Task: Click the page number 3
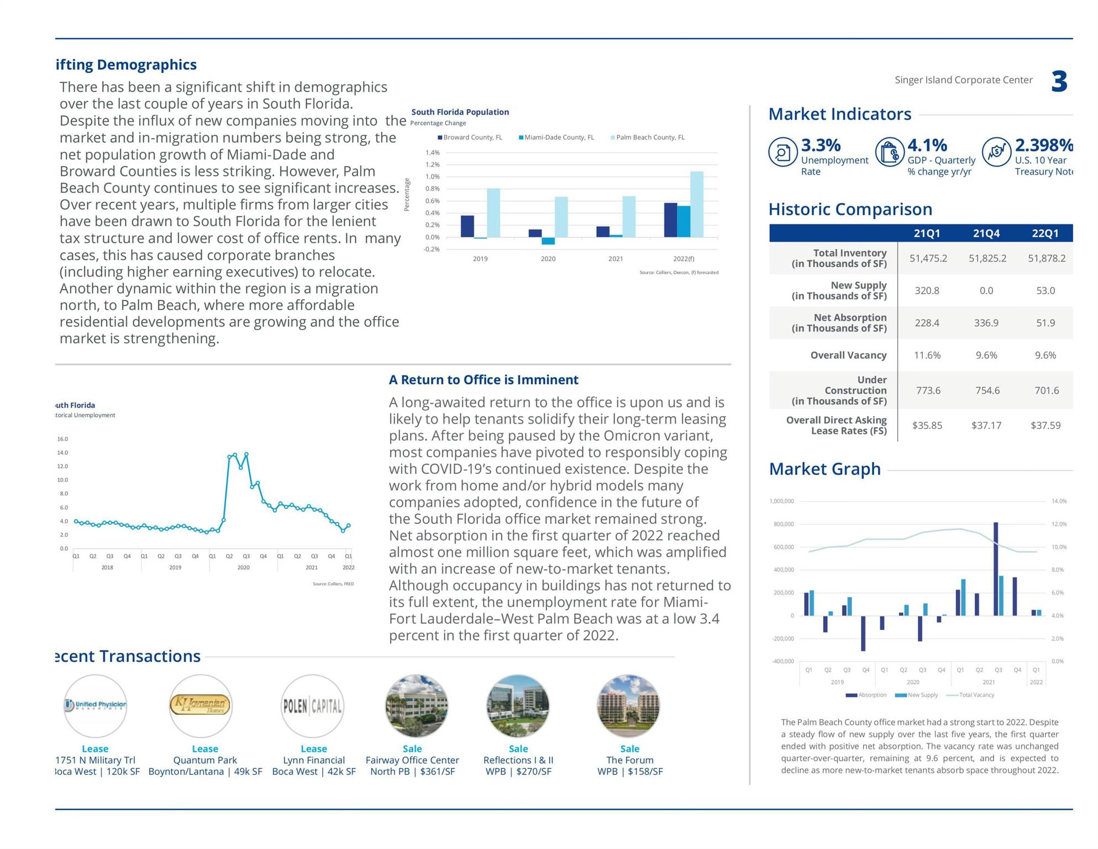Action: pos(1059,82)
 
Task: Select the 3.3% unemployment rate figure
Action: pos(821,145)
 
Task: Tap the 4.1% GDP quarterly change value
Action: pos(927,145)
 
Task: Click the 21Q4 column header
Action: pos(986,233)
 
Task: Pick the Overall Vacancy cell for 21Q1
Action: pos(927,355)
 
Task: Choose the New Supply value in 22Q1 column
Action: pos(1045,290)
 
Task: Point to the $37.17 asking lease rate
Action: pos(986,425)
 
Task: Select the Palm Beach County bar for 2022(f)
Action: pos(697,204)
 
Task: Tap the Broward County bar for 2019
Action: pos(467,226)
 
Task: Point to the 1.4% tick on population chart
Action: pos(432,153)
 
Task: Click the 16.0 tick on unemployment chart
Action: pos(62,439)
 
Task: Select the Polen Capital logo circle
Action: pos(312,706)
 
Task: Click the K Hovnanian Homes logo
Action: pos(201,706)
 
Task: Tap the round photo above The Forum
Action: pos(628,706)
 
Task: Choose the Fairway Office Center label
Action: pos(412,760)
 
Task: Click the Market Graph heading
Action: pos(824,469)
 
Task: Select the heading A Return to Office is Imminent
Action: pos(484,380)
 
